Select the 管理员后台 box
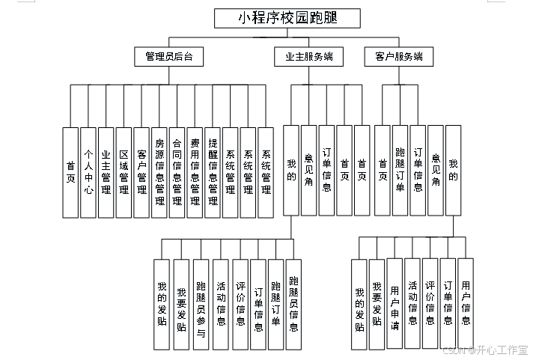tap(168, 56)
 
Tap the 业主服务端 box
tap(309, 56)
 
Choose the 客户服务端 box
tap(398, 56)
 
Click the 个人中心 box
tap(88, 172)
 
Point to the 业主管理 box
tap(106, 172)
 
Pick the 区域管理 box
tap(124, 172)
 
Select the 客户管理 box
tap(141, 172)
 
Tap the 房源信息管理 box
tap(159, 172)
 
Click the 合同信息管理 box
tap(177, 172)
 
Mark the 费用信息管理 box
tap(195, 172)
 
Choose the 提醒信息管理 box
tap(213, 172)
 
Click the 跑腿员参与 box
tap(201, 304)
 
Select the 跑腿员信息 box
tap(294, 304)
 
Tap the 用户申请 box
tap(395, 304)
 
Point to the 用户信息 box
tap(466, 304)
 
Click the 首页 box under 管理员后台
tap(70, 172)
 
